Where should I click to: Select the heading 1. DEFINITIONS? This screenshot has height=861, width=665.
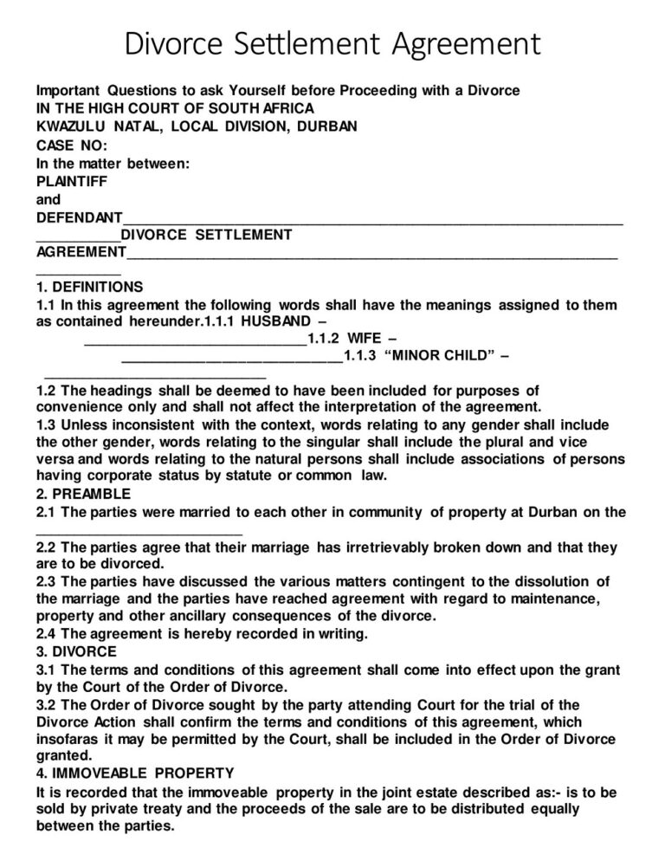click(90, 287)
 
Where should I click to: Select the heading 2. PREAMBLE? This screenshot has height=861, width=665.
click(84, 494)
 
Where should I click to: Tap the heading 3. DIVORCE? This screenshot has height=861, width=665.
click(75, 651)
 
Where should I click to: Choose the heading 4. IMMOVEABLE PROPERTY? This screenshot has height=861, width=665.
click(135, 773)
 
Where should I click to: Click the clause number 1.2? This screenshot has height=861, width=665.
click(48, 391)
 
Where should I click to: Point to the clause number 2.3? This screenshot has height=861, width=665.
click(48, 581)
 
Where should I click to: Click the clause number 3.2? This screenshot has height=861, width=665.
click(48, 704)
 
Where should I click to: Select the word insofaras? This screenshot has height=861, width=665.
click(68, 739)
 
